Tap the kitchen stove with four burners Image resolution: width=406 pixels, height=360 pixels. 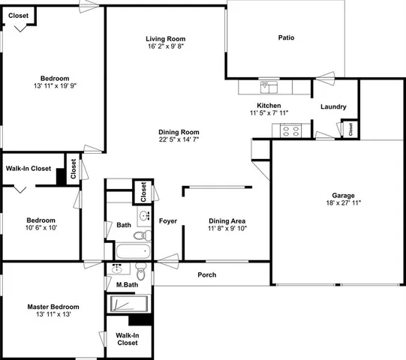(290, 130)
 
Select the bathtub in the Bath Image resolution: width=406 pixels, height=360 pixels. (132, 251)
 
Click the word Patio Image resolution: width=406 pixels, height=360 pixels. (286, 37)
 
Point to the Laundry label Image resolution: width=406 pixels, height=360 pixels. (333, 107)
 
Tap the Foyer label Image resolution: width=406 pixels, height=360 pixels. (167, 220)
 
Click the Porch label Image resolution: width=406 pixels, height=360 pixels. (206, 275)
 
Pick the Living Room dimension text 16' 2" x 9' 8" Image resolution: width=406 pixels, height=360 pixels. (165, 46)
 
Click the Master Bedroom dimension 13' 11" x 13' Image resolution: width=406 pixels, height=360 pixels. (53, 316)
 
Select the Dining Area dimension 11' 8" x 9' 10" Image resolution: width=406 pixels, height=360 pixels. (227, 229)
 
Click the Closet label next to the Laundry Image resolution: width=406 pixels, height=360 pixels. (351, 128)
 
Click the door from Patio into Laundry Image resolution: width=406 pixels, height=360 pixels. (324, 74)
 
